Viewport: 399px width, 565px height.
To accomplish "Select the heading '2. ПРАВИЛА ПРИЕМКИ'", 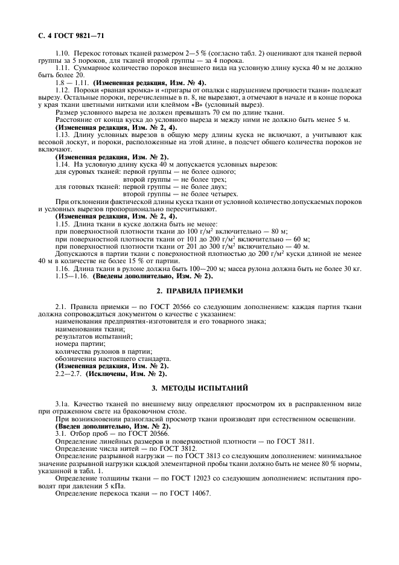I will click(199, 291).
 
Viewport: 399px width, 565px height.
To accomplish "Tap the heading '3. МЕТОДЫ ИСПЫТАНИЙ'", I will click(199, 386).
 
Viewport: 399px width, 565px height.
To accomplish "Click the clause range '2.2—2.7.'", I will click(69, 374).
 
